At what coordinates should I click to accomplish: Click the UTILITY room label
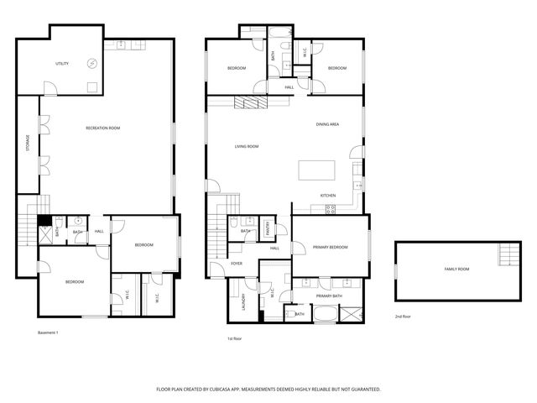pyautogui.click(x=62, y=64)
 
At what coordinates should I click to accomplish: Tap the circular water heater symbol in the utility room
pyautogui.click(x=93, y=64)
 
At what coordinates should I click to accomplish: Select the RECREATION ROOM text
pyautogui.click(x=102, y=128)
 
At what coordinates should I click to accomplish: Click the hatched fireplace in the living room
pyautogui.click(x=250, y=102)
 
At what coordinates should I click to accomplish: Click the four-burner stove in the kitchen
pyautogui.click(x=330, y=209)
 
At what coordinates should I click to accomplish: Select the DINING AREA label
pyautogui.click(x=327, y=124)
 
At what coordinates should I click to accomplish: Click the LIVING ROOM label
pyautogui.click(x=246, y=147)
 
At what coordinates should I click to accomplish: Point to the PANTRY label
pyautogui.click(x=268, y=227)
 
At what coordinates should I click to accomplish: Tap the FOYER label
pyautogui.click(x=237, y=264)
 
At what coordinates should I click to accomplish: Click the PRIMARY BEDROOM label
pyautogui.click(x=330, y=248)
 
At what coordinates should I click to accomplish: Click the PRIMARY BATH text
pyautogui.click(x=329, y=296)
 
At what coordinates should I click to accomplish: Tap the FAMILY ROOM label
pyautogui.click(x=456, y=269)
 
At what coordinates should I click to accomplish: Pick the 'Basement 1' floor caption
pyautogui.click(x=48, y=333)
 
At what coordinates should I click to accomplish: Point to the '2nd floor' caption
pyautogui.click(x=404, y=317)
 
